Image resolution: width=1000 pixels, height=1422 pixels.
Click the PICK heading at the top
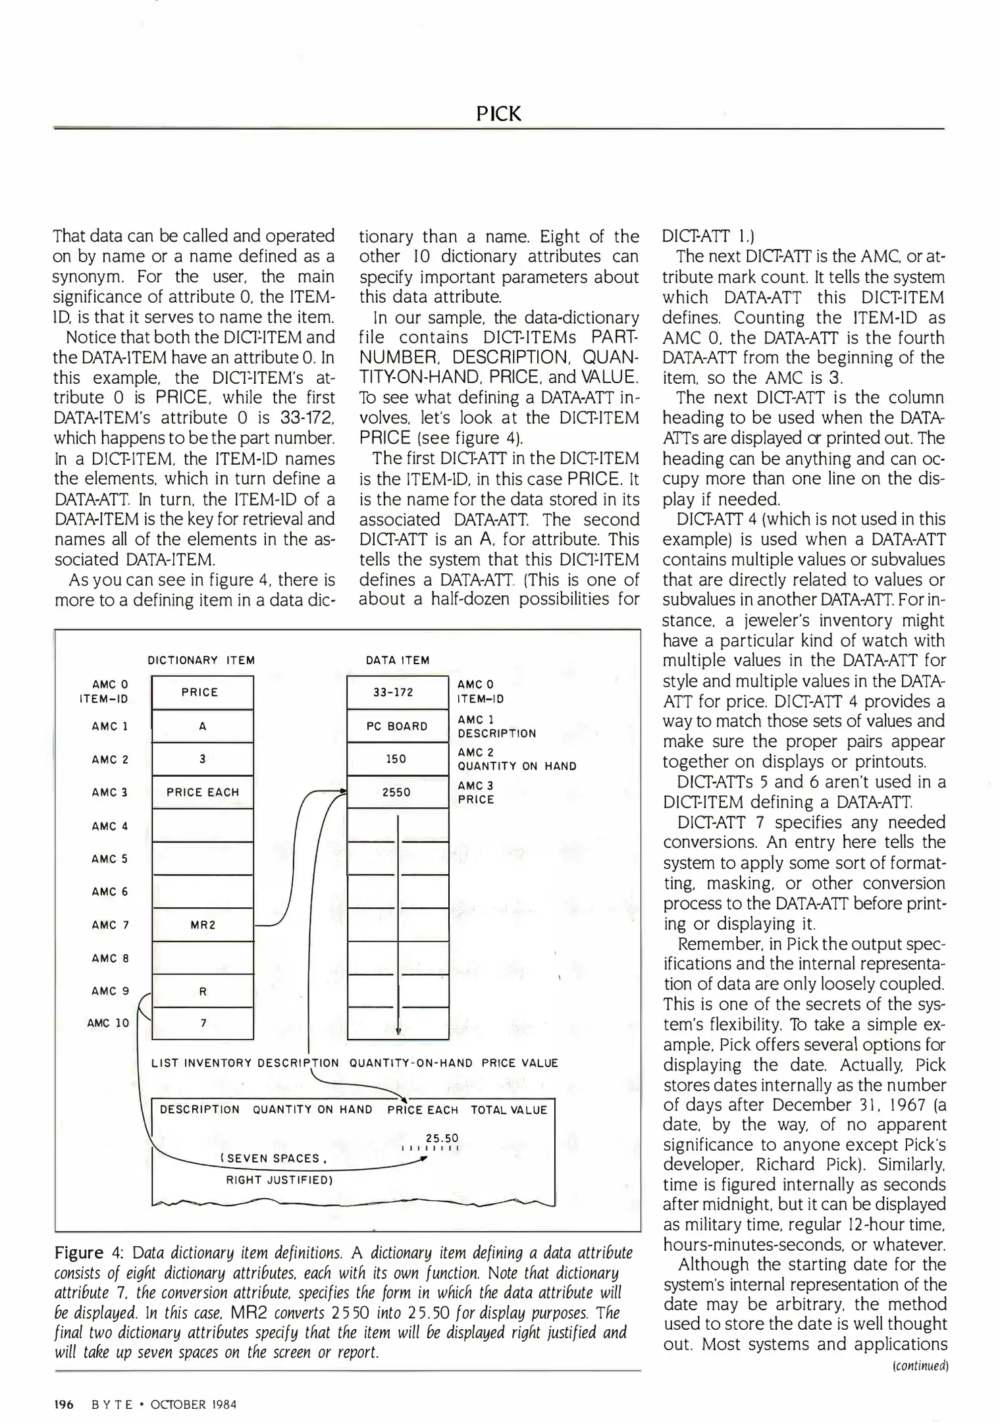(x=498, y=114)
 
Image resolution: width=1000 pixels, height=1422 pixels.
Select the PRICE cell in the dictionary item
(x=202, y=692)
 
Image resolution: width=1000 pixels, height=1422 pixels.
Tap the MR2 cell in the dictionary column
(x=202, y=924)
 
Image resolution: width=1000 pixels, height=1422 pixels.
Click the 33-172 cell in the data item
(x=397, y=692)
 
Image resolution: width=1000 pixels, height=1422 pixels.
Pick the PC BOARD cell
(x=397, y=726)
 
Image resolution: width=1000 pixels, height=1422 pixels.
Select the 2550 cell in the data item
(x=397, y=792)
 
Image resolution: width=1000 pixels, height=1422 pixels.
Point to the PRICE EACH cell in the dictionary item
(x=202, y=792)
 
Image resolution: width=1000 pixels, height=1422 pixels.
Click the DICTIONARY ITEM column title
(x=201, y=660)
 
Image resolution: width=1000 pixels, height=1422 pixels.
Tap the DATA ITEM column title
(x=398, y=660)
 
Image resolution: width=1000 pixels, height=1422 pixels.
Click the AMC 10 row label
(x=108, y=1023)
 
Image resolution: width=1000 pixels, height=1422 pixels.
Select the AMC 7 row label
(x=110, y=924)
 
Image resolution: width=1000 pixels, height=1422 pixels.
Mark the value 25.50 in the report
(x=442, y=1138)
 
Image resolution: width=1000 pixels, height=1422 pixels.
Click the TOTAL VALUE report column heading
(x=508, y=1110)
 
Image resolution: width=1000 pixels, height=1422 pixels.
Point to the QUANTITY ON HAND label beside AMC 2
(x=517, y=766)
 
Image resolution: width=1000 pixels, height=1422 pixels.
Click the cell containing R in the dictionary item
(x=202, y=991)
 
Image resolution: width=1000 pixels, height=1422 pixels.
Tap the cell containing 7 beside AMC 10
(x=202, y=1023)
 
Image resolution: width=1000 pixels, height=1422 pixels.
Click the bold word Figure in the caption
(x=79, y=1252)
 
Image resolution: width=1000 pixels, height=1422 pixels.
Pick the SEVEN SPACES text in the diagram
(x=273, y=1158)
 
